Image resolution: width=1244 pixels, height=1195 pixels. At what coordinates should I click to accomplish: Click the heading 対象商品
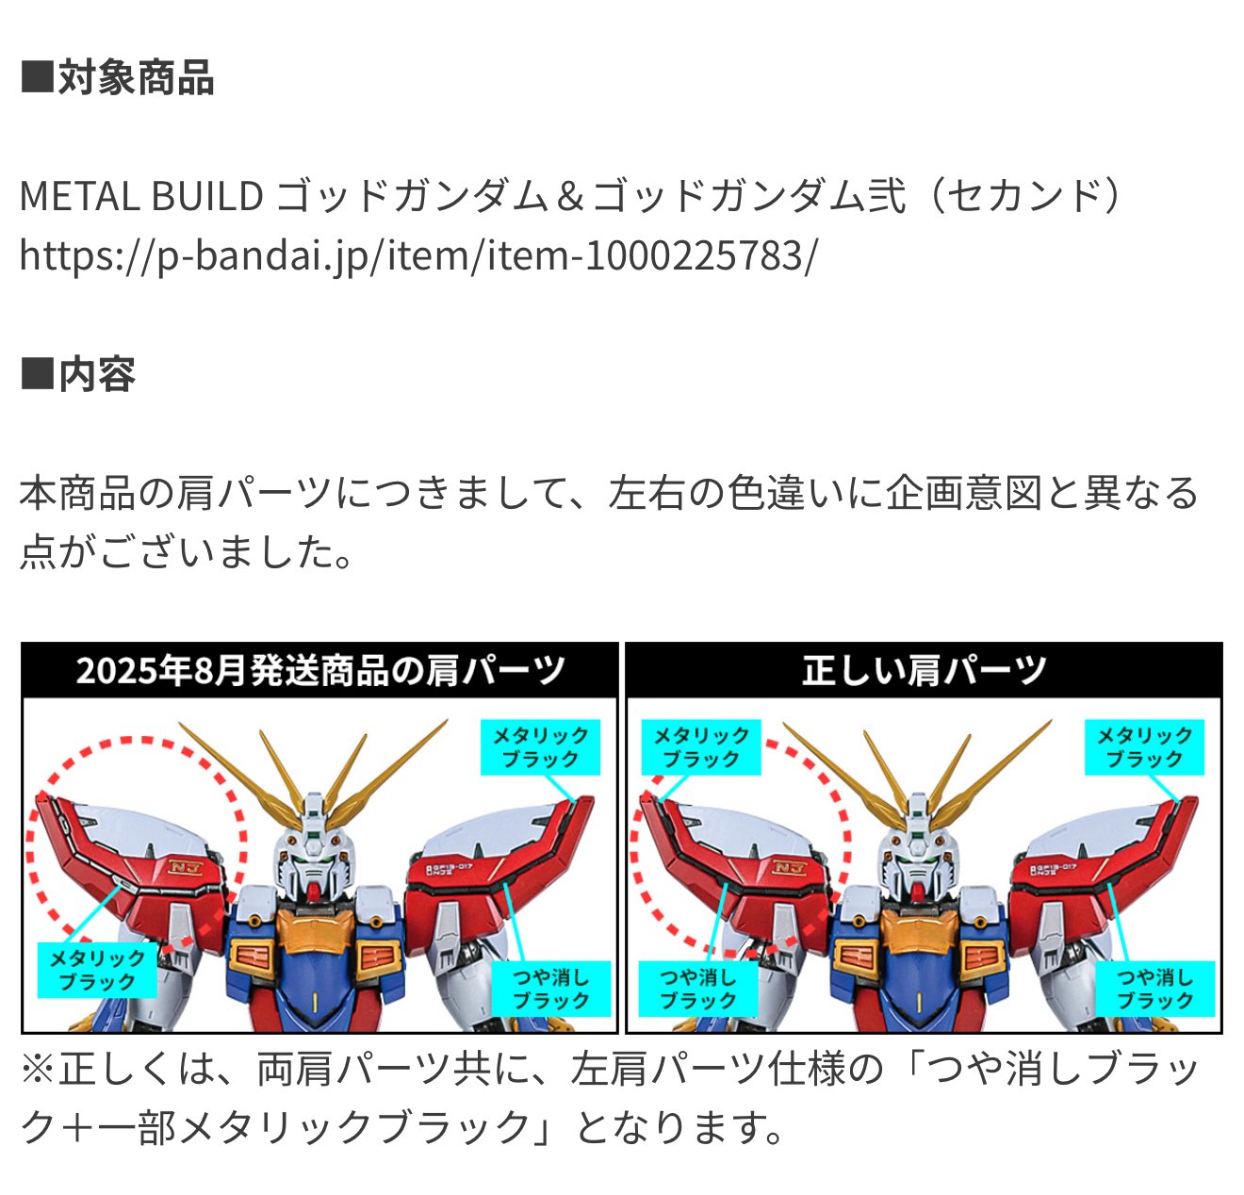(118, 78)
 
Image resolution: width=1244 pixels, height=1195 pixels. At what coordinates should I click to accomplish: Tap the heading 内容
(79, 375)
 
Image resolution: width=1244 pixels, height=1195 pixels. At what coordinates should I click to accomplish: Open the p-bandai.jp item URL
(418, 254)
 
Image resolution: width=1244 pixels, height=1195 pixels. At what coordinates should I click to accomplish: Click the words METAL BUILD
(141, 196)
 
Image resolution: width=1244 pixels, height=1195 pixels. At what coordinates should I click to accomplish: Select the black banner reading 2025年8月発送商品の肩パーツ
(320, 671)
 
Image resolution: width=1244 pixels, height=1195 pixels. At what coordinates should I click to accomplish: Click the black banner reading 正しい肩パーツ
(924, 671)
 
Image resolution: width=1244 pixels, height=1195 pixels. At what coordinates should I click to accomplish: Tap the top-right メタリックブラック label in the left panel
(541, 747)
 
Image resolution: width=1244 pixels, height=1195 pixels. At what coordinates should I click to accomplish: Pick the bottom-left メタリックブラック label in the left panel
(97, 971)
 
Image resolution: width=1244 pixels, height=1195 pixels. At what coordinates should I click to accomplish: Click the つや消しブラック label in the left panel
(551, 989)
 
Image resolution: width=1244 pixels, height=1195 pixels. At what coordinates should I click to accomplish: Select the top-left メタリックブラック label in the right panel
(700, 747)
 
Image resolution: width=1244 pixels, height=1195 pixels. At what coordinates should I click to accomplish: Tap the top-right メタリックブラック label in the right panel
(1144, 747)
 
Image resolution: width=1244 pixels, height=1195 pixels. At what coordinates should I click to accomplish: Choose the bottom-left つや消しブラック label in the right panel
(697, 989)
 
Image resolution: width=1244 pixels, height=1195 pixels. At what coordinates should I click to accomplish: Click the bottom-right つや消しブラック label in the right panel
(1155, 989)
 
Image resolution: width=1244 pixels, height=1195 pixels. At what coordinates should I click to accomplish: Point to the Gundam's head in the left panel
(313, 853)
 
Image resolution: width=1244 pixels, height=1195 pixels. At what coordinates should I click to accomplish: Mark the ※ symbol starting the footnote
(38, 1070)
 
